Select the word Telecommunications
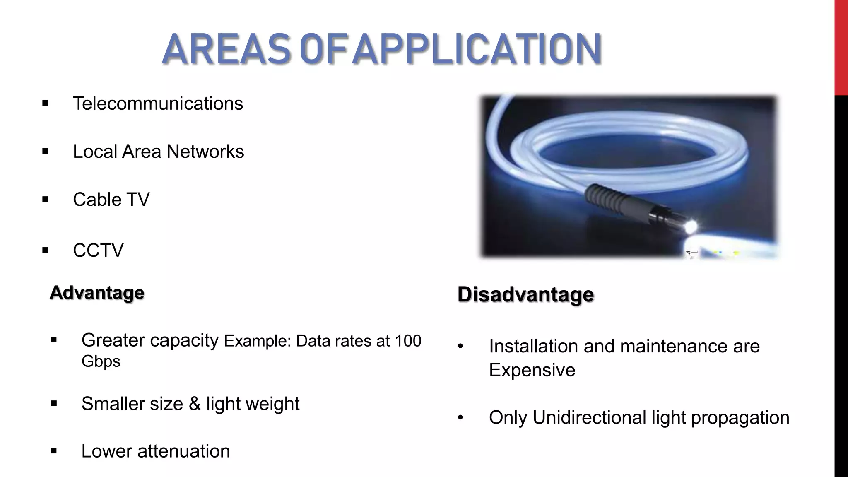pyautogui.click(x=158, y=104)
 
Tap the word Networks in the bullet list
pyautogui.click(x=205, y=152)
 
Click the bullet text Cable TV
pyautogui.click(x=111, y=200)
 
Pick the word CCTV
pyautogui.click(x=98, y=250)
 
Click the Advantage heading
pyautogui.click(x=97, y=293)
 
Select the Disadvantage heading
pyautogui.click(x=525, y=294)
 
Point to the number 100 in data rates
pyautogui.click(x=407, y=341)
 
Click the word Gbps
pyautogui.click(x=101, y=361)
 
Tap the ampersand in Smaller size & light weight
pyautogui.click(x=195, y=404)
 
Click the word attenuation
pyautogui.click(x=183, y=451)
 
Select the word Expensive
pyautogui.click(x=532, y=370)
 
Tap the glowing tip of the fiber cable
pyautogui.click(x=690, y=226)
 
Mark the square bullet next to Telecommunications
pyautogui.click(x=45, y=104)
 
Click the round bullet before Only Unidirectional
pyautogui.click(x=460, y=418)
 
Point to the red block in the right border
pyautogui.click(x=841, y=48)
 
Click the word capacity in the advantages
pyautogui.click(x=184, y=340)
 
